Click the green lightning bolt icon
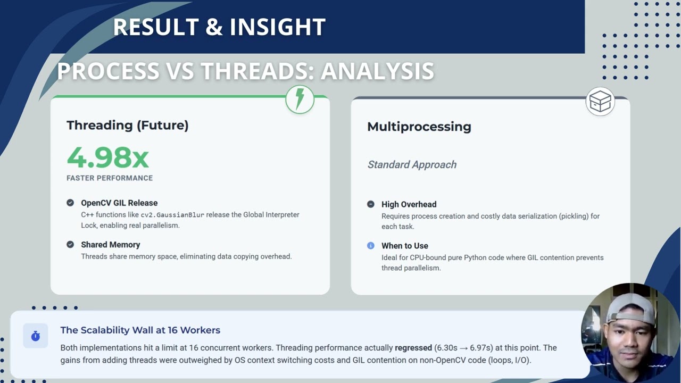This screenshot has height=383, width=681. click(300, 99)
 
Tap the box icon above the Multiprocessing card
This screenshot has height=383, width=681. click(600, 101)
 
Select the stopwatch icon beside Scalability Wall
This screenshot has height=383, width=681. click(36, 336)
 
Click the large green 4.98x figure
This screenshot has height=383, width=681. click(108, 157)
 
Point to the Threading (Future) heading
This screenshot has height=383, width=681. click(128, 125)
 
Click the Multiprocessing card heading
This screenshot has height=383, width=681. click(419, 127)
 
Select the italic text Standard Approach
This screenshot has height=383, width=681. click(412, 165)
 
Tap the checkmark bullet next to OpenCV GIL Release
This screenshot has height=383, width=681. click(70, 203)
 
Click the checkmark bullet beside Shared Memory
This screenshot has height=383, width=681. click(70, 244)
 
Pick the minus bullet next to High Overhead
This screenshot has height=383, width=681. click(371, 204)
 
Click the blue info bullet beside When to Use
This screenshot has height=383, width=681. click(371, 246)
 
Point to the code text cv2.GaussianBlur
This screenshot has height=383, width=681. click(172, 215)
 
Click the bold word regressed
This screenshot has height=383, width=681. click(413, 348)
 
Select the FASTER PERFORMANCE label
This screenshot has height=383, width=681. click(110, 178)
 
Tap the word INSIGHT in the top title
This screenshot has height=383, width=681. click(278, 27)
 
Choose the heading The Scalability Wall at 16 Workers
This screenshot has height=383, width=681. click(140, 330)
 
